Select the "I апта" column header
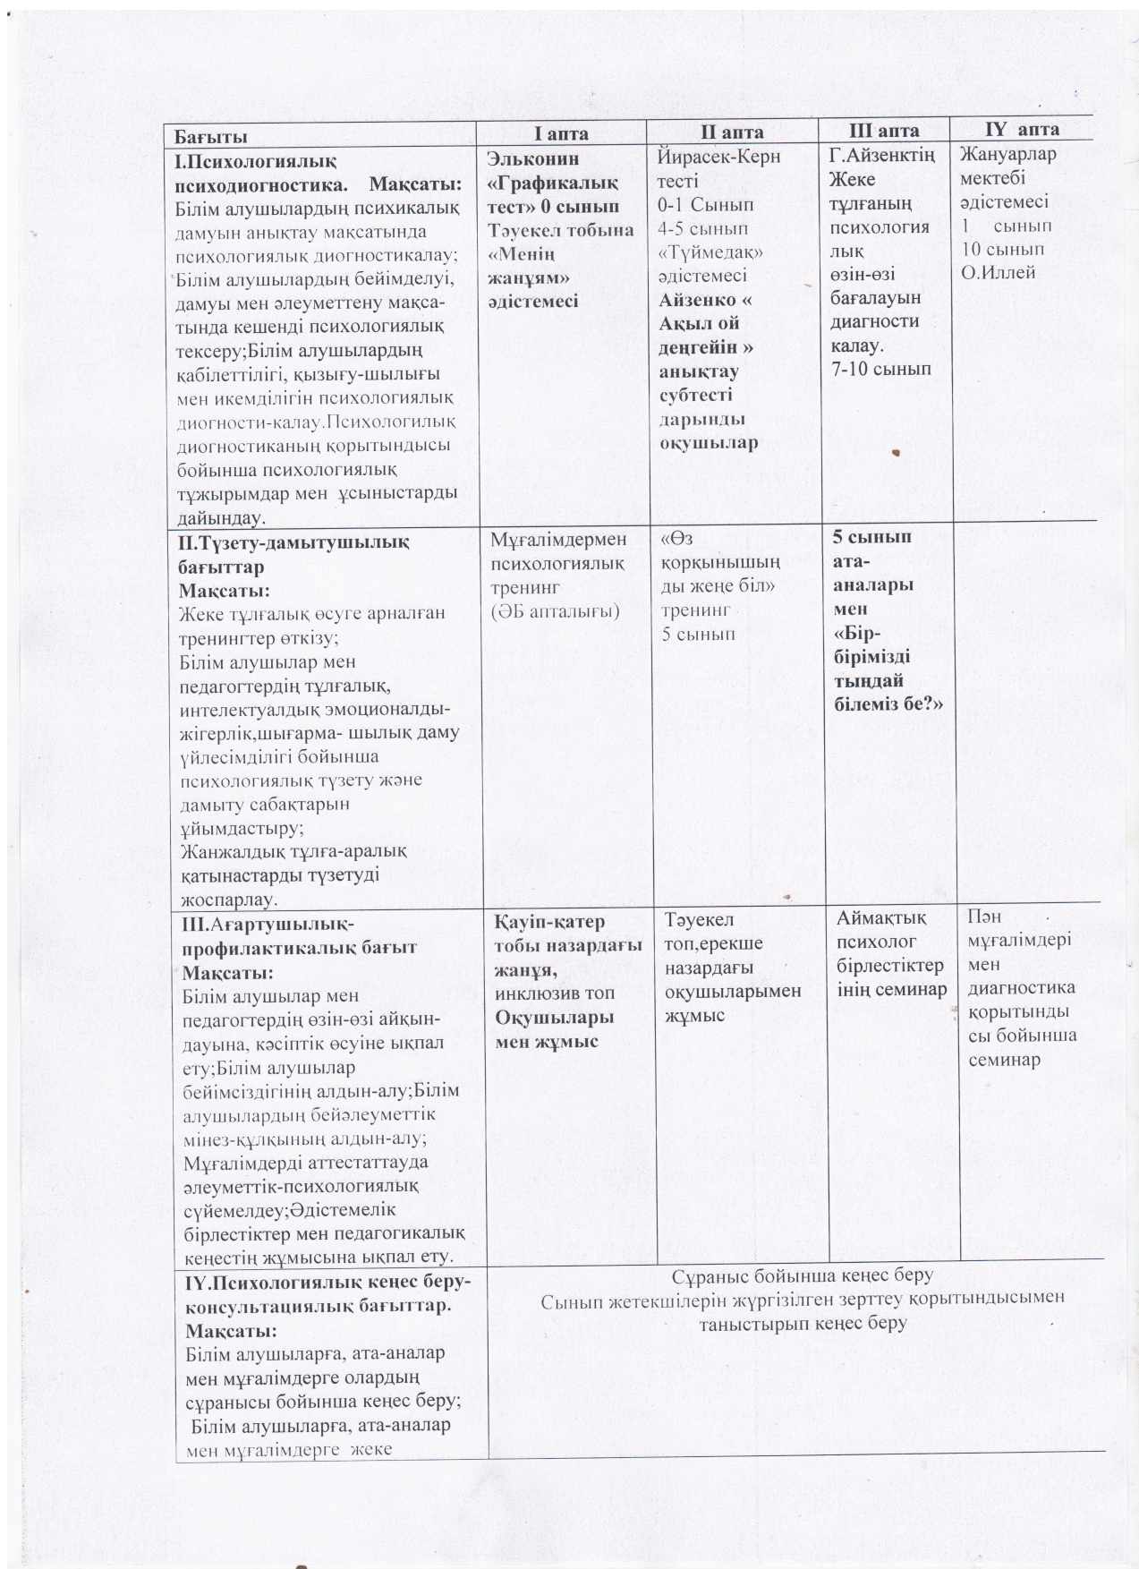[561, 133]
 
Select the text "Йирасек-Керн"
[718, 157]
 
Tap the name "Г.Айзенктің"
[882, 156]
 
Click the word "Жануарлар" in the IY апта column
[1007, 154]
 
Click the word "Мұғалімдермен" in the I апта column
[559, 540]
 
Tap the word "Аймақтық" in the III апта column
[881, 918]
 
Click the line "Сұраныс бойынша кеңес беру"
[802, 1275]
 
